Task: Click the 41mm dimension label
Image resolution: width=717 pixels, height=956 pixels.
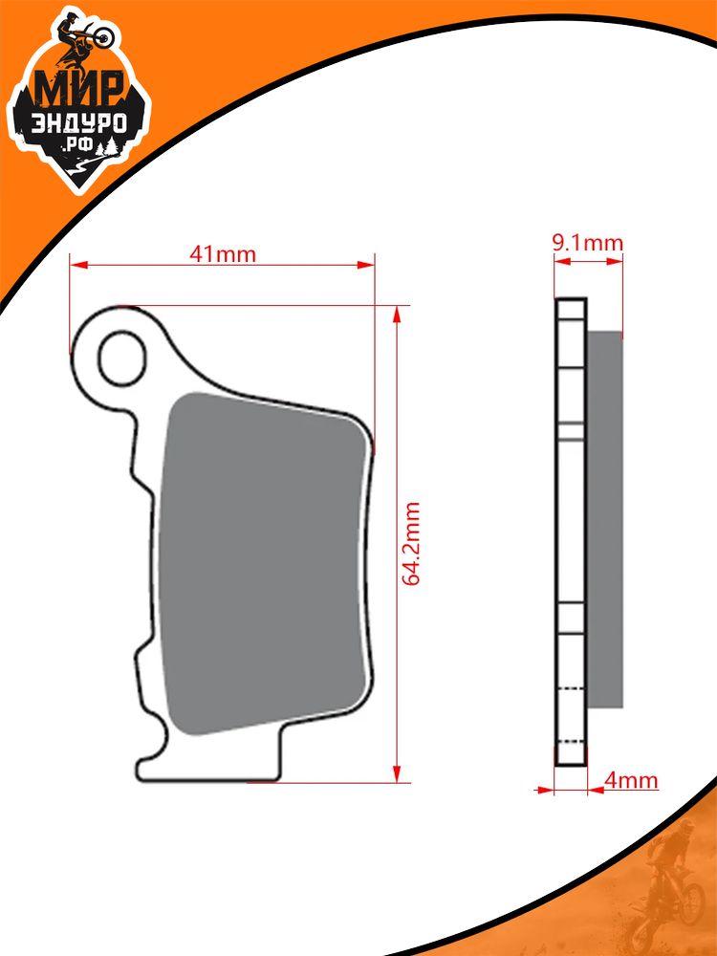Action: click(x=223, y=253)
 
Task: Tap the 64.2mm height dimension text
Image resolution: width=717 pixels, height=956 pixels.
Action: click(x=411, y=544)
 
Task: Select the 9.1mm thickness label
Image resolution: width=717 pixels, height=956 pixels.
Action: click(x=588, y=243)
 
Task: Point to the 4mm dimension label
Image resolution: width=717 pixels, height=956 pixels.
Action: click(x=631, y=780)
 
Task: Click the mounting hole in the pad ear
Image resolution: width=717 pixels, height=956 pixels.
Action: click(x=122, y=358)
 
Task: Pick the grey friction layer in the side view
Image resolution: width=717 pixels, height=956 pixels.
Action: click(x=605, y=519)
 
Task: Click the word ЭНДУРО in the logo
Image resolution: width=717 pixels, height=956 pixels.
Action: click(x=78, y=123)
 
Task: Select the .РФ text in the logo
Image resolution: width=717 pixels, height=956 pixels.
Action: click(x=78, y=146)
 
